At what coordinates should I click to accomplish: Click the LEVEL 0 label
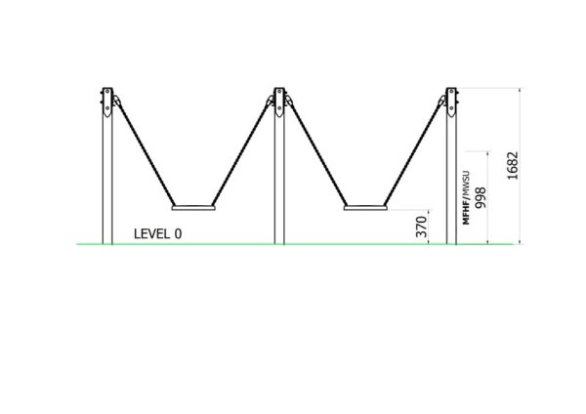(x=157, y=234)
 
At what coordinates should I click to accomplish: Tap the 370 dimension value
(x=421, y=227)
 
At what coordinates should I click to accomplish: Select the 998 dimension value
(x=481, y=197)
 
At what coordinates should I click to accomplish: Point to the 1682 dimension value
(x=513, y=166)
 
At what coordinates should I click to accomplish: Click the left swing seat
(x=193, y=207)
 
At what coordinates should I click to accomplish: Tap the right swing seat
(x=365, y=207)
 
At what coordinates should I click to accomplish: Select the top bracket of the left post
(x=107, y=102)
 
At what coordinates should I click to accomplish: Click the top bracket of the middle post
(x=279, y=102)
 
